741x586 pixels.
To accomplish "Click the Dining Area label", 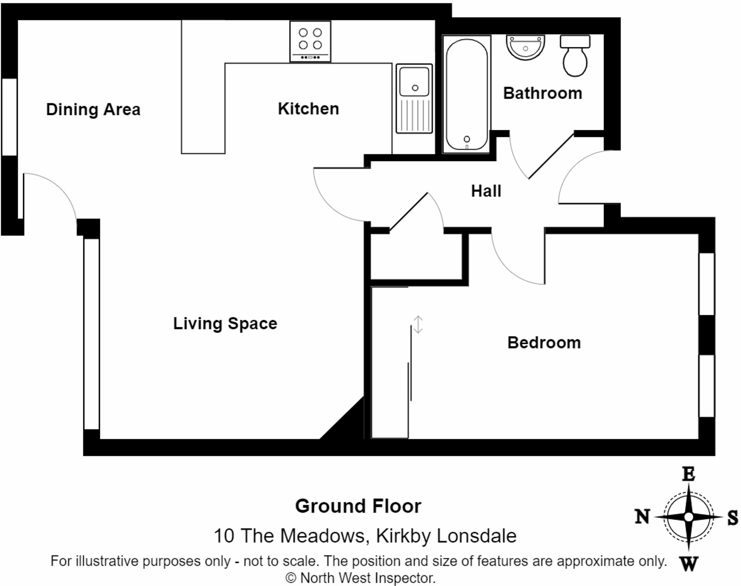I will click(x=93, y=110).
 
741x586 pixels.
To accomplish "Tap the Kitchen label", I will click(x=308, y=109).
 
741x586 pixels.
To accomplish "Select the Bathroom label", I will click(x=542, y=93).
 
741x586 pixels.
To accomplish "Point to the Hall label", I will click(x=486, y=191).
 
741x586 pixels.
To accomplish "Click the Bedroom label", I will click(x=544, y=343).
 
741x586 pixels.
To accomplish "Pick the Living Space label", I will click(x=225, y=324).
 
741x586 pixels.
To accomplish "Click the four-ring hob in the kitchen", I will click(x=310, y=41).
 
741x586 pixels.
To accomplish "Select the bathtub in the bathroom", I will click(x=466, y=94).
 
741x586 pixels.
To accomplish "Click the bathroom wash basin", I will click(x=525, y=47).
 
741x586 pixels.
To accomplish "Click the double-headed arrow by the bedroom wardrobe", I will click(x=418, y=325).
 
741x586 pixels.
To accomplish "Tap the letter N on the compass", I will click(x=642, y=517).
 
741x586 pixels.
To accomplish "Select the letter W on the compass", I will click(x=689, y=563).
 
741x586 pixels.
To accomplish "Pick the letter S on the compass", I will click(x=733, y=518).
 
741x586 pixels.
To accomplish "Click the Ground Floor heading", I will click(x=358, y=506).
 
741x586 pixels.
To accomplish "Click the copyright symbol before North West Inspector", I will click(x=291, y=578).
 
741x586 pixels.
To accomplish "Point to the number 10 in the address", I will click(x=224, y=536).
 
